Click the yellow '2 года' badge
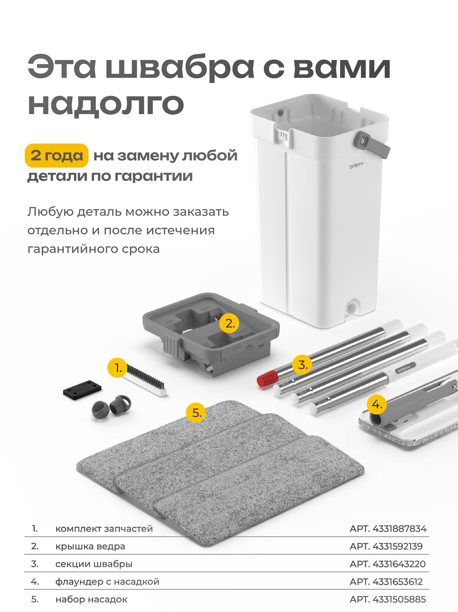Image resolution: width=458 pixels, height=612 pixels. pyautogui.click(x=57, y=155)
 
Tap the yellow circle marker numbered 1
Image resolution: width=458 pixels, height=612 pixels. pyautogui.click(x=117, y=368)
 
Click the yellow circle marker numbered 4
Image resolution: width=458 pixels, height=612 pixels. pyautogui.click(x=377, y=405)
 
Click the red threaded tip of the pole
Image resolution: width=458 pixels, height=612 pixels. pyautogui.click(x=267, y=379)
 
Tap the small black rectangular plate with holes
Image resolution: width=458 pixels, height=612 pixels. pyautogui.click(x=82, y=389)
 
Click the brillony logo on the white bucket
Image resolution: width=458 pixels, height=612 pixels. pyautogui.click(x=356, y=166)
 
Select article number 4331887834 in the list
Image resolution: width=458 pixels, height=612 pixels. pyautogui.click(x=388, y=528)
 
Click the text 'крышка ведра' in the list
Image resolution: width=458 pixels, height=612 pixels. pyautogui.click(x=90, y=546)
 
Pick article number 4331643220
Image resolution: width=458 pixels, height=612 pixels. pyautogui.click(x=388, y=564)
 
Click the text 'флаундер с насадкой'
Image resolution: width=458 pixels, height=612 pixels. pyautogui.click(x=107, y=581)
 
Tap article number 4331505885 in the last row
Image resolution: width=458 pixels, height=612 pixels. pyautogui.click(x=388, y=599)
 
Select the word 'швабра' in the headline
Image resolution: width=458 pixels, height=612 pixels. pyautogui.click(x=180, y=67)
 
